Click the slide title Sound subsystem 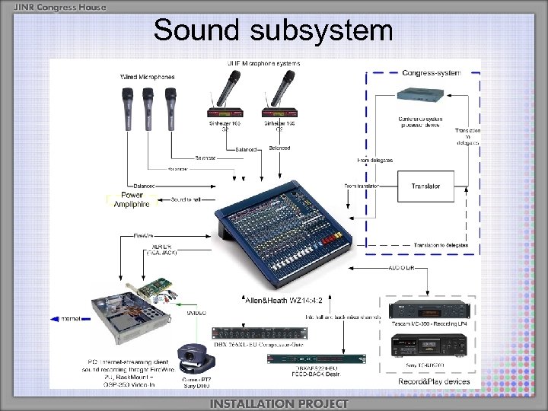point(273,30)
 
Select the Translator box point(425,186)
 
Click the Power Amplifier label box point(132,199)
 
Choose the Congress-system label point(432,73)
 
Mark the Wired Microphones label point(147,77)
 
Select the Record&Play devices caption point(434,381)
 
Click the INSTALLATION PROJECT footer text point(279,403)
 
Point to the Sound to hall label point(186,199)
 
